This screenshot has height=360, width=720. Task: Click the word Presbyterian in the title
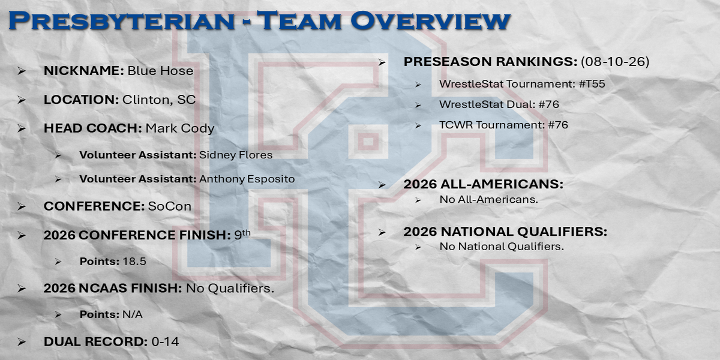point(122,21)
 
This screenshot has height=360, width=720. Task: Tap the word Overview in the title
point(430,21)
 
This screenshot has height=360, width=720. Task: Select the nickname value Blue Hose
point(160,71)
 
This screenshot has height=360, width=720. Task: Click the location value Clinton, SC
point(159,100)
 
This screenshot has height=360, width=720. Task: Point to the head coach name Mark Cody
point(180,128)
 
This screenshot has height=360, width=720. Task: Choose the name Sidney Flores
point(236,155)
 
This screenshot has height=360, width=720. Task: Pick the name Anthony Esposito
point(247,179)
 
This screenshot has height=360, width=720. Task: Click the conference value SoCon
point(170,206)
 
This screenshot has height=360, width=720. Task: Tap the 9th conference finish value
point(242,235)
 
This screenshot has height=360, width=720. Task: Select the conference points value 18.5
point(134,262)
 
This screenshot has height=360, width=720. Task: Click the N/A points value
point(133,314)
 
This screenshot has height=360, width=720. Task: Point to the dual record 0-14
point(165,341)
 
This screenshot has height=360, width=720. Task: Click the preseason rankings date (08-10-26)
point(615,62)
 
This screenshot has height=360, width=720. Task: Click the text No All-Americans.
point(488,200)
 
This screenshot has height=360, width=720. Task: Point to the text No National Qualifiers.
point(502,247)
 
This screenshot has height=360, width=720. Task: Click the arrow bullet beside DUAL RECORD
point(22,341)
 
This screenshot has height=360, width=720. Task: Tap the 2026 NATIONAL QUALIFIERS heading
point(505,232)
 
